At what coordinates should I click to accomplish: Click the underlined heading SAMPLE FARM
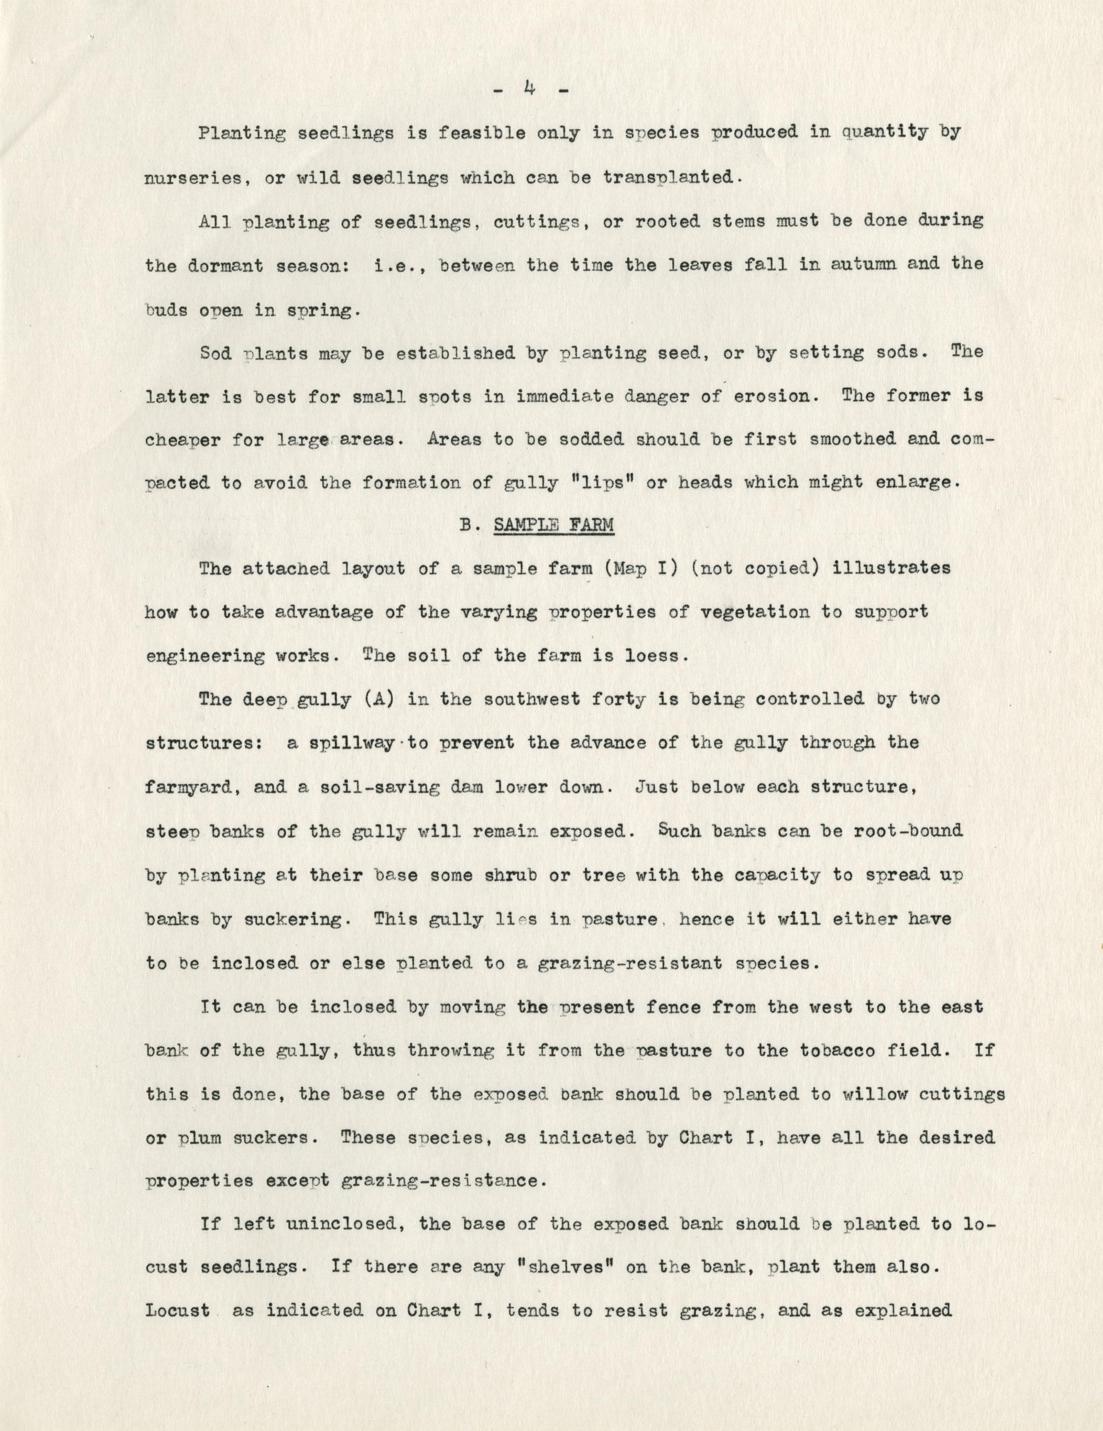click(x=554, y=526)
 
